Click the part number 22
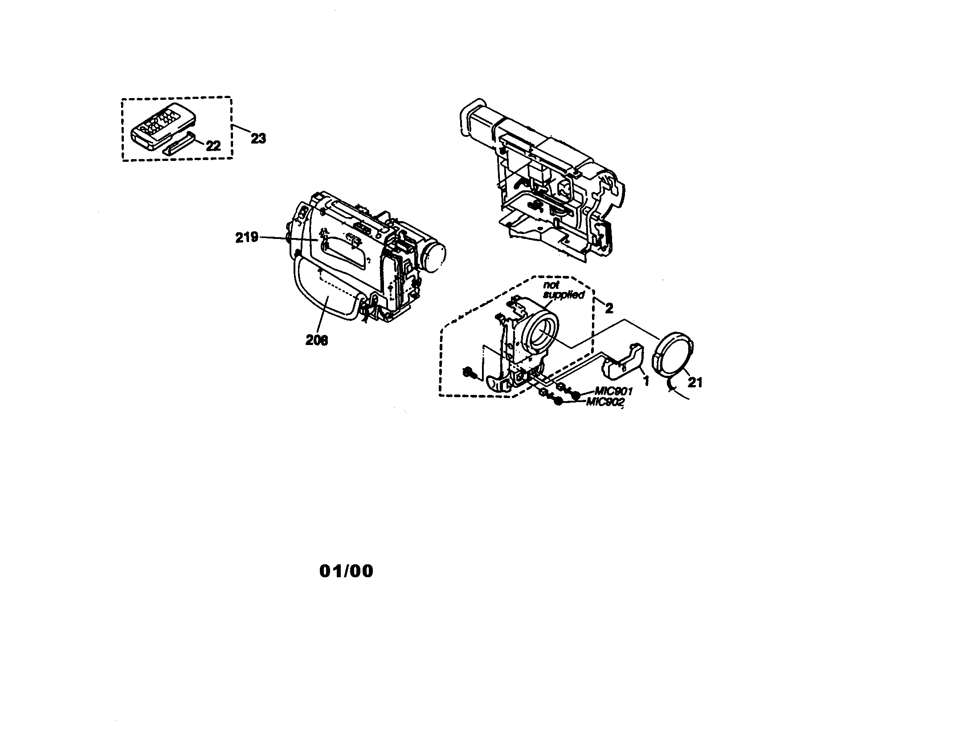click(213, 146)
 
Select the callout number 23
click(258, 139)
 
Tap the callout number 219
click(247, 238)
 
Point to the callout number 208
click(317, 341)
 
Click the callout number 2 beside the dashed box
click(608, 308)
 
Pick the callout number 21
click(695, 382)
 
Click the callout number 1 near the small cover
click(646, 381)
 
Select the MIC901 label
click(614, 391)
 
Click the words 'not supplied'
click(563, 290)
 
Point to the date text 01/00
click(347, 571)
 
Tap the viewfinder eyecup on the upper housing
click(472, 118)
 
